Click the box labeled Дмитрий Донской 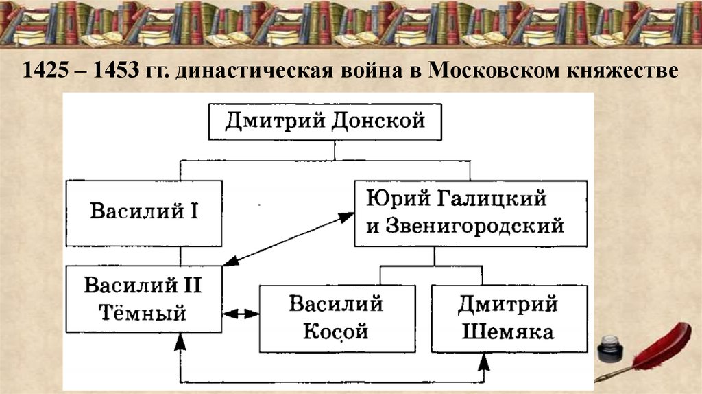point(325,121)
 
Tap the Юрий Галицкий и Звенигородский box point(470,212)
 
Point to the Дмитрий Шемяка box point(508,318)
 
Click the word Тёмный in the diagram point(144,314)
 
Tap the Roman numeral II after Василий point(189,285)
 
